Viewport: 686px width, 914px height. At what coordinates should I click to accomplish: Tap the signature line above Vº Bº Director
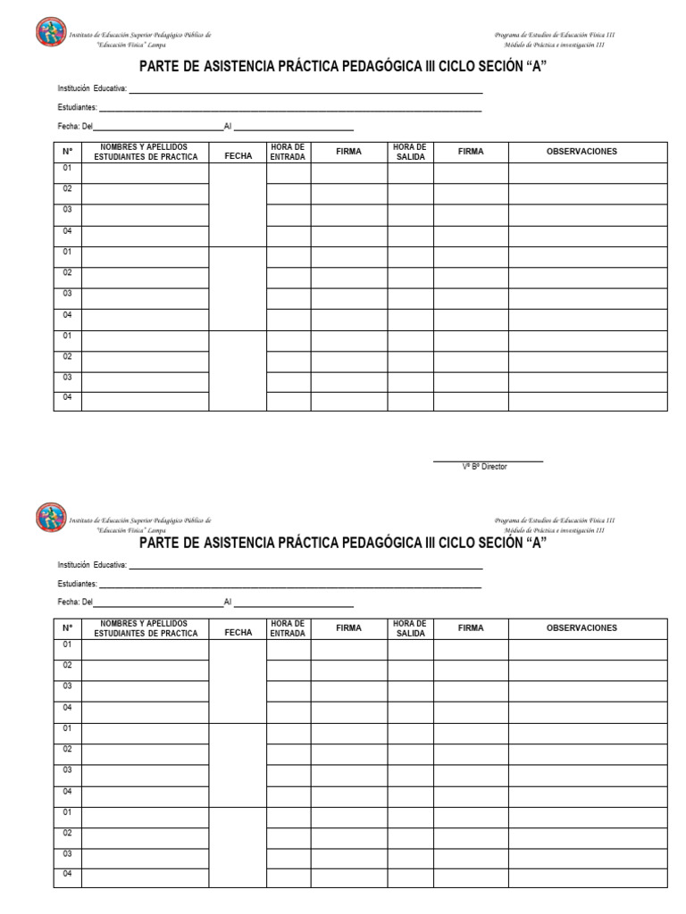click(488, 461)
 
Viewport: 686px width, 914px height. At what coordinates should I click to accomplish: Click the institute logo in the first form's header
click(50, 34)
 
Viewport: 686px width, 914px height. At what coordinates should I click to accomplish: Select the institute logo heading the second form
click(50, 518)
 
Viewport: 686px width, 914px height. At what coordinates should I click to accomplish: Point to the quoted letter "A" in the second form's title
click(537, 543)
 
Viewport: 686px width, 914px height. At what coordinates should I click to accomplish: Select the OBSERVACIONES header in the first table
click(581, 152)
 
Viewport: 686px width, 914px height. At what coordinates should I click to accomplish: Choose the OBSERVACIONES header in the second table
click(581, 628)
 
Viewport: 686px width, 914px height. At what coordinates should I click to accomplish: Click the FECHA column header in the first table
click(238, 155)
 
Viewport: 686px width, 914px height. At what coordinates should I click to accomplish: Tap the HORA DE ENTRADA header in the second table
click(288, 628)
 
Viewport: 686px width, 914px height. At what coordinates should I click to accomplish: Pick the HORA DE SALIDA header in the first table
click(409, 152)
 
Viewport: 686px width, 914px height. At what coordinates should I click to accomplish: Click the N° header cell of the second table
click(67, 629)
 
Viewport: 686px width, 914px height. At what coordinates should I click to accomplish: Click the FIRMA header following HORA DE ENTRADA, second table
click(348, 628)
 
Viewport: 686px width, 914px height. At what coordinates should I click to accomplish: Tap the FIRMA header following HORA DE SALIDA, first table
click(471, 152)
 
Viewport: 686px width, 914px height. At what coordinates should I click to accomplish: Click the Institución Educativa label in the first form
click(92, 89)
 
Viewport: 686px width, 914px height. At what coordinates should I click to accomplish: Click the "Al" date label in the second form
click(228, 602)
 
